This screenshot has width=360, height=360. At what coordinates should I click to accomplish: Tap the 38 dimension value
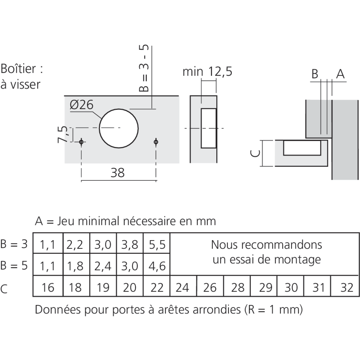tap(117, 173)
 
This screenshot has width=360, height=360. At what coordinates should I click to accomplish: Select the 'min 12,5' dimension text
tap(207, 72)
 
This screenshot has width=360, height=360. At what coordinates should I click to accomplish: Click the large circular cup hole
tap(119, 128)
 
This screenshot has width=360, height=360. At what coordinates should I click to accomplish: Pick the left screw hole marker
tap(81, 142)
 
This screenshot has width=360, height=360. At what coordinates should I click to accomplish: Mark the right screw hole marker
tap(156, 142)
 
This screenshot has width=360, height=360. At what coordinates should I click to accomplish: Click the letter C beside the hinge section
tap(254, 153)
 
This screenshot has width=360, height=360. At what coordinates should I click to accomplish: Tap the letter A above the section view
tap(340, 74)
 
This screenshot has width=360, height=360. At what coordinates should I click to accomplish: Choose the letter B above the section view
tap(315, 74)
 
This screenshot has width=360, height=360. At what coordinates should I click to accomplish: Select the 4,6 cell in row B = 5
tap(156, 266)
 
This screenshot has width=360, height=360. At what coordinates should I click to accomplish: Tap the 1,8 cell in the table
tap(75, 266)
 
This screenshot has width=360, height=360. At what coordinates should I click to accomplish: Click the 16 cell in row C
tap(48, 288)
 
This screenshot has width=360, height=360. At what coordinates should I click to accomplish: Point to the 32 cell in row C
tap(346, 288)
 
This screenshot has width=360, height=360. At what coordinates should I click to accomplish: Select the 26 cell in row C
tap(210, 288)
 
